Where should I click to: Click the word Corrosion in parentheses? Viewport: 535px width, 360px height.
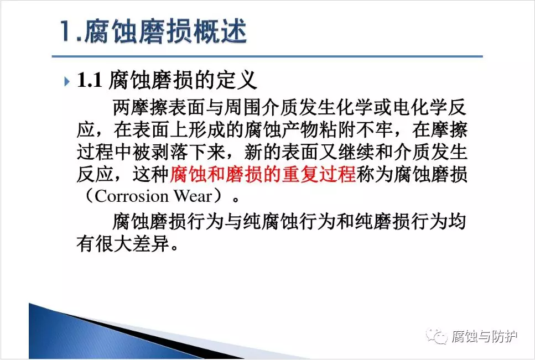click(131, 196)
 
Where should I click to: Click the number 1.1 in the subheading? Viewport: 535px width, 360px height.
click(90, 80)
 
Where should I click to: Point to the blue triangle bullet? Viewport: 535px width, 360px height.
click(67, 81)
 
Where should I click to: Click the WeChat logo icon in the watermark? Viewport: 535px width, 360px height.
click(437, 336)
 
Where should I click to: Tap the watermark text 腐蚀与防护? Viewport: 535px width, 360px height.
click(485, 336)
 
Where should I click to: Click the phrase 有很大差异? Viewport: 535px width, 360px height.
click(123, 244)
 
